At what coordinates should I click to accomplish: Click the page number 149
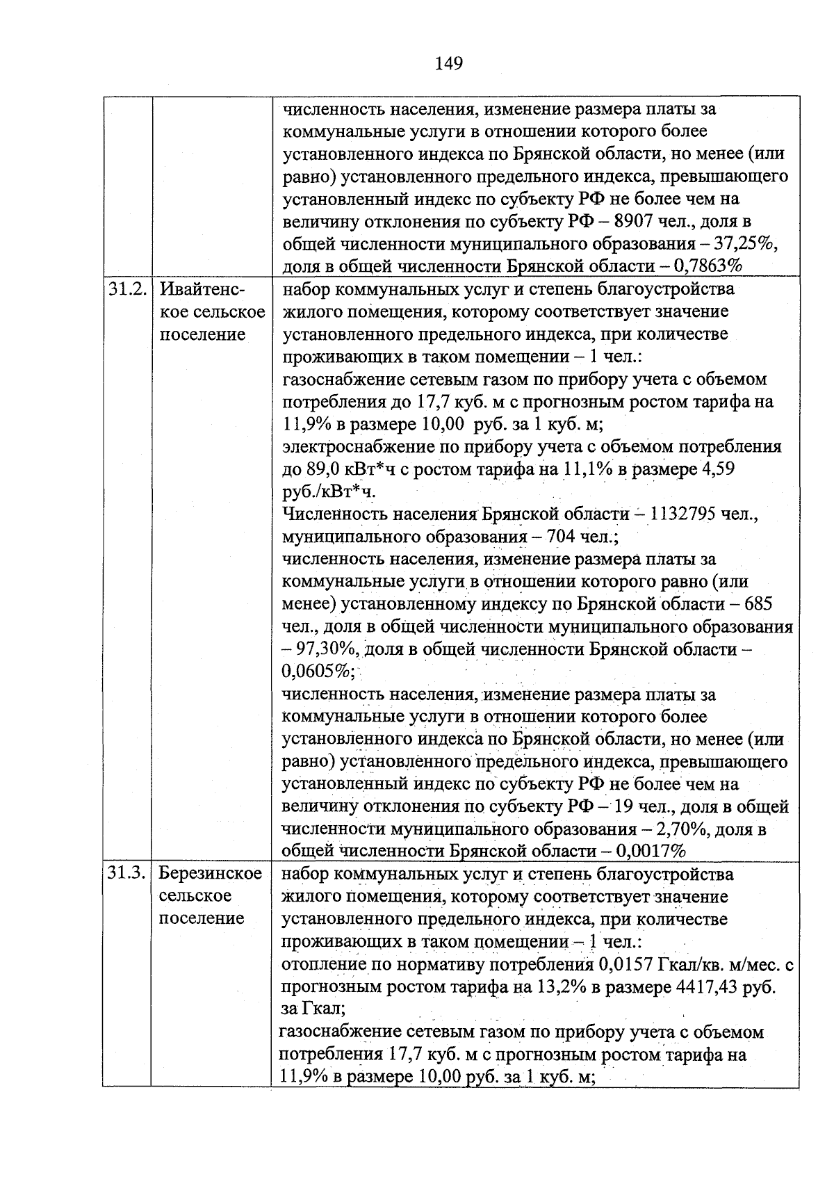click(x=448, y=64)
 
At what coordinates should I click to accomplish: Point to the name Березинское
click(x=210, y=874)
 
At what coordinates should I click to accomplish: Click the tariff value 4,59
click(x=719, y=470)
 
